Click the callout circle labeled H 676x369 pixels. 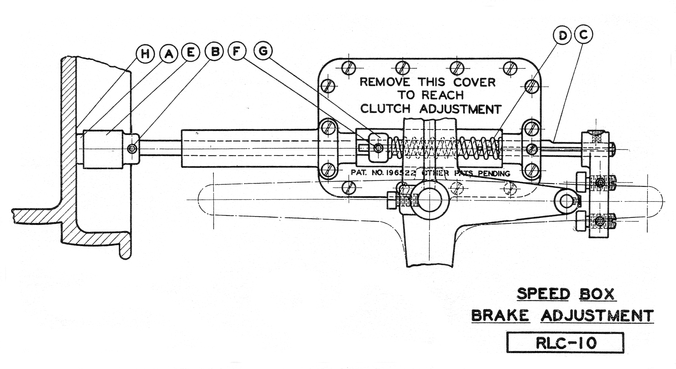coord(145,54)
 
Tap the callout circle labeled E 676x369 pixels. coord(191,52)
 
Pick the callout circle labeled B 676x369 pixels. coord(215,51)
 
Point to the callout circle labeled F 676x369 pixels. coord(236,51)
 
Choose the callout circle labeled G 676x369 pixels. coord(263,51)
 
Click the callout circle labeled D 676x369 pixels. coord(562,35)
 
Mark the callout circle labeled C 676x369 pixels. coord(583,34)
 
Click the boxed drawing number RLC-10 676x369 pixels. coord(565,342)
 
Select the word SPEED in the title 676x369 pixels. coord(543,294)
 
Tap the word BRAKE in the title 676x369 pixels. coord(500,315)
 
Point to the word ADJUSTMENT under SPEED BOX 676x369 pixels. coord(597,315)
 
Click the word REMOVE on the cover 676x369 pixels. coord(385,82)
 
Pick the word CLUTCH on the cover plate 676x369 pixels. coord(385,109)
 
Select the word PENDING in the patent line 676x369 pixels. coord(494,174)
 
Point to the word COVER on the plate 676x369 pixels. coord(474,82)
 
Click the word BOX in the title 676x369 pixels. coord(596,294)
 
